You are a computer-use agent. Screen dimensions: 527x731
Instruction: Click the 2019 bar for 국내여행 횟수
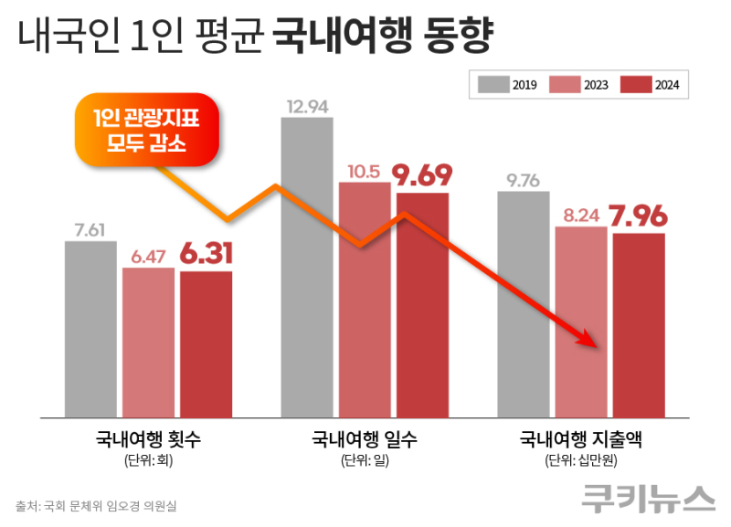click(90, 329)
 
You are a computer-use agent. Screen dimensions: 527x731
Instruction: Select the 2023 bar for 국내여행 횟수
click(148, 342)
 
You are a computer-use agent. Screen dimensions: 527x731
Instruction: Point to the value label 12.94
click(306, 107)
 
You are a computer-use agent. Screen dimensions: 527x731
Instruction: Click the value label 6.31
click(206, 254)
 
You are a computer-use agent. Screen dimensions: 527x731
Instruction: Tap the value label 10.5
click(365, 171)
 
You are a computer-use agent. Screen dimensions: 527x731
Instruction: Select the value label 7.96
click(639, 217)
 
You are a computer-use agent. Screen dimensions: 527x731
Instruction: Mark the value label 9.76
click(523, 180)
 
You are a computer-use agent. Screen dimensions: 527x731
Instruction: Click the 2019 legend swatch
click(493, 85)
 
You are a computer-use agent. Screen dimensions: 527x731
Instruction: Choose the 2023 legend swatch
click(565, 85)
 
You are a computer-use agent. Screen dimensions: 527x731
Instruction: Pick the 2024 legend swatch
click(636, 85)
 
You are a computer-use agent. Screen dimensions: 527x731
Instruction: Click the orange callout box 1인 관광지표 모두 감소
click(145, 131)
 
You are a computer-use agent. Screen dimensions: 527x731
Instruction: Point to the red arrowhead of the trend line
click(588, 340)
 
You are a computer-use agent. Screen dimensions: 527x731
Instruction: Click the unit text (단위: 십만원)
click(581, 459)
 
